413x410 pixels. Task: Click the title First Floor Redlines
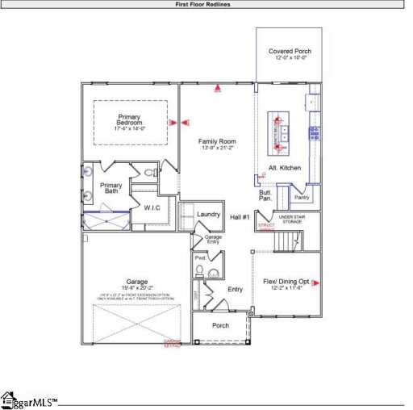(x=206, y=4)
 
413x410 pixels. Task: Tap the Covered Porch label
(x=290, y=51)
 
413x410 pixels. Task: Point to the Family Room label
(x=217, y=141)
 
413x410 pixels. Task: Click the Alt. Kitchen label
(x=284, y=167)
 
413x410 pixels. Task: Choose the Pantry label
(x=302, y=197)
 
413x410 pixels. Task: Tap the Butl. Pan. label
(x=265, y=195)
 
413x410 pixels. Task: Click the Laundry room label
(x=208, y=214)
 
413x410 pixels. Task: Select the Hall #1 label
(x=240, y=217)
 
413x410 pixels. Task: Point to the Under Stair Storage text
(x=290, y=219)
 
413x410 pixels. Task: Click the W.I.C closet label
(x=152, y=208)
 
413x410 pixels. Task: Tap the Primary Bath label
(x=111, y=188)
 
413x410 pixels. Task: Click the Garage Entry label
(x=212, y=239)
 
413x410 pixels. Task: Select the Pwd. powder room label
(x=200, y=258)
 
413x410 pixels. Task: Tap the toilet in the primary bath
(x=149, y=173)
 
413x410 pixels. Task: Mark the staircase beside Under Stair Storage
(x=287, y=241)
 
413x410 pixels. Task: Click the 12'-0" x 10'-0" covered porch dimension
(x=290, y=58)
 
